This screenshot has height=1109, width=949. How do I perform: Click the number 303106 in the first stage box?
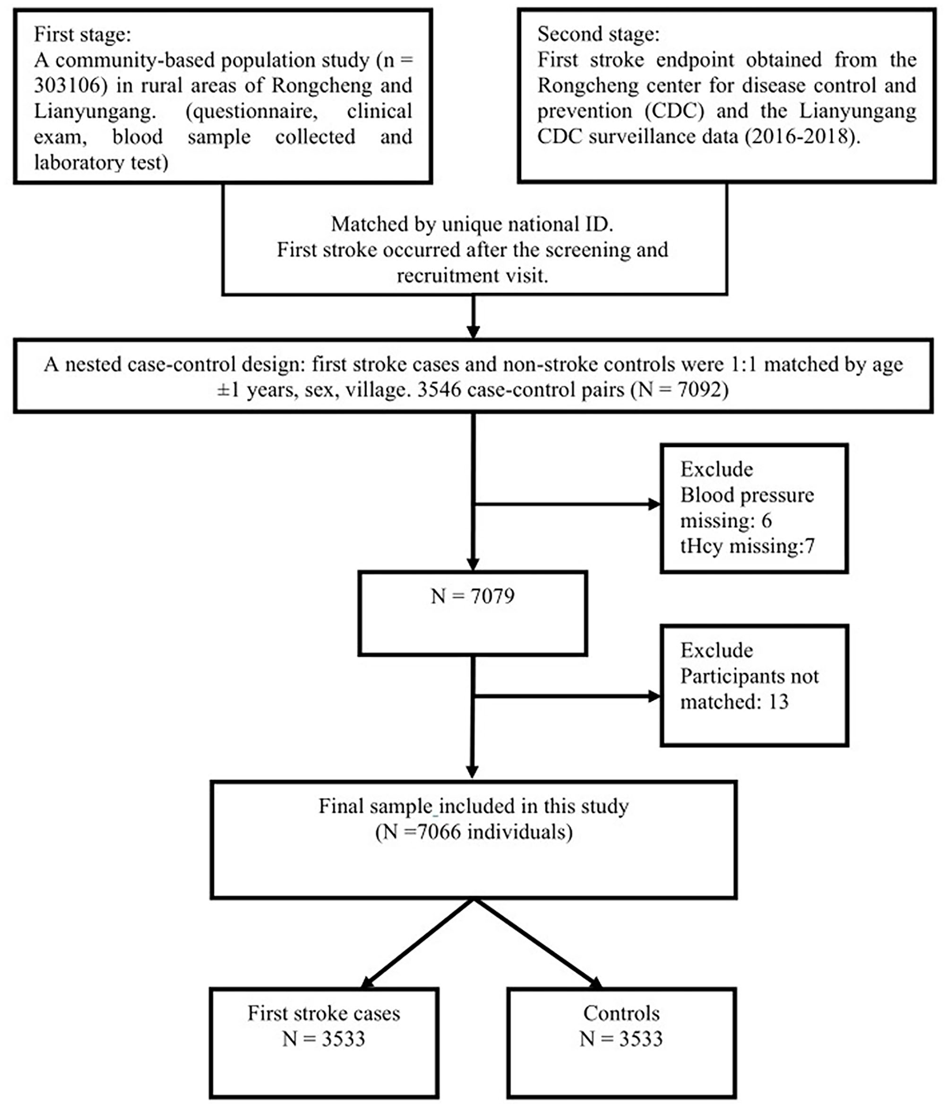(67, 86)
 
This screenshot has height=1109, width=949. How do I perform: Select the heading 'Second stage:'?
(598, 34)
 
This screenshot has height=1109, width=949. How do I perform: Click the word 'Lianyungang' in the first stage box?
(94, 111)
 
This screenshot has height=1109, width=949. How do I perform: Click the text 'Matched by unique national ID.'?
(472, 224)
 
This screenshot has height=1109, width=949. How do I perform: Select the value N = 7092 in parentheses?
(680, 389)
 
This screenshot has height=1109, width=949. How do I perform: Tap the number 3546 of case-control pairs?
(439, 389)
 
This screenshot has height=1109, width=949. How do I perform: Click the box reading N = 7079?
(472, 612)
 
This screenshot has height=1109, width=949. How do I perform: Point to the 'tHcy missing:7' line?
(747, 546)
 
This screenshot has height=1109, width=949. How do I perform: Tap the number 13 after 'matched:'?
(778, 702)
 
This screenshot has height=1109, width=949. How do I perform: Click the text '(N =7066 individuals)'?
(473, 832)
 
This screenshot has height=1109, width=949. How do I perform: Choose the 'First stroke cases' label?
(323, 1013)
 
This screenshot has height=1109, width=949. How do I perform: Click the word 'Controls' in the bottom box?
(621, 1013)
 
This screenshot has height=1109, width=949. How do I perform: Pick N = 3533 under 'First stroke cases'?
(323, 1039)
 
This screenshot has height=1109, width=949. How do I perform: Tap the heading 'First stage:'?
(82, 34)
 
